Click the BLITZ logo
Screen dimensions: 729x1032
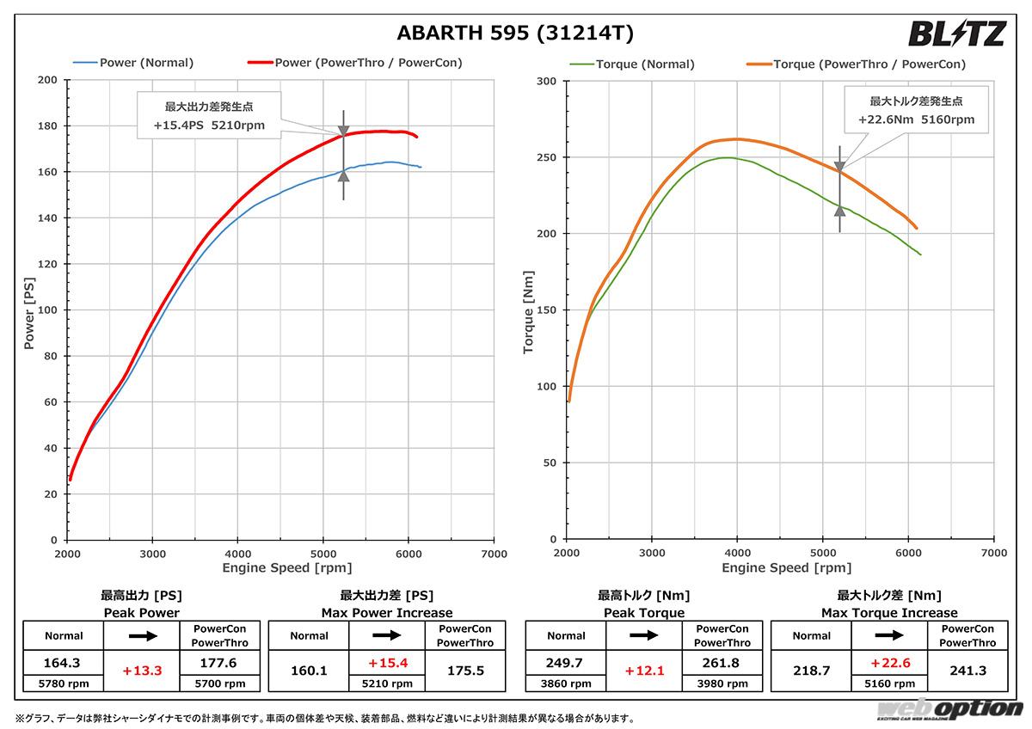click(956, 34)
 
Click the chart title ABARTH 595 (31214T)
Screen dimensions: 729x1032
click(515, 34)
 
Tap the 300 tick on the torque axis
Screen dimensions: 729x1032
click(546, 81)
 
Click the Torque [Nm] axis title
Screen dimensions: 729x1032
click(530, 311)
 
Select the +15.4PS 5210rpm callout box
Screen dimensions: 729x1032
click(209, 116)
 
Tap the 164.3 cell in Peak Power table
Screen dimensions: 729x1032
click(64, 663)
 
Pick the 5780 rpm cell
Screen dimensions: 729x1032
click(64, 684)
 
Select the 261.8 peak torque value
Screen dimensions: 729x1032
click(723, 663)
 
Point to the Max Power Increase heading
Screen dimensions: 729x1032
click(387, 613)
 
